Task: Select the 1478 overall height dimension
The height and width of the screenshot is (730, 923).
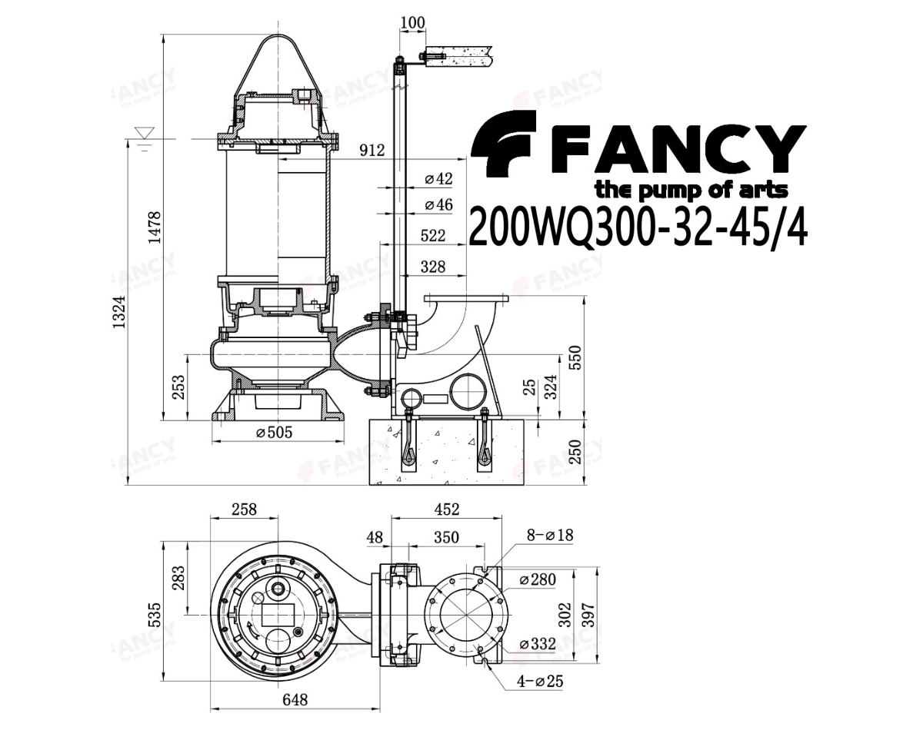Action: point(154,227)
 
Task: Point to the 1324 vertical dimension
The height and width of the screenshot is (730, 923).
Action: point(118,312)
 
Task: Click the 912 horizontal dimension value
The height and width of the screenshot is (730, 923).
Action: point(372,151)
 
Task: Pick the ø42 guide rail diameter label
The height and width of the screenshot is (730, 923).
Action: point(438,178)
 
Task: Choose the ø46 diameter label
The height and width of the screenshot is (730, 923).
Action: point(438,204)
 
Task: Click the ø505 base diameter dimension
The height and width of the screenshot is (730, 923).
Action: point(274,433)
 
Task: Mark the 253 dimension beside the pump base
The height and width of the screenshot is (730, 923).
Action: point(178,387)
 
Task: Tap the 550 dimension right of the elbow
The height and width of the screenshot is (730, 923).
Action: point(575,357)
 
